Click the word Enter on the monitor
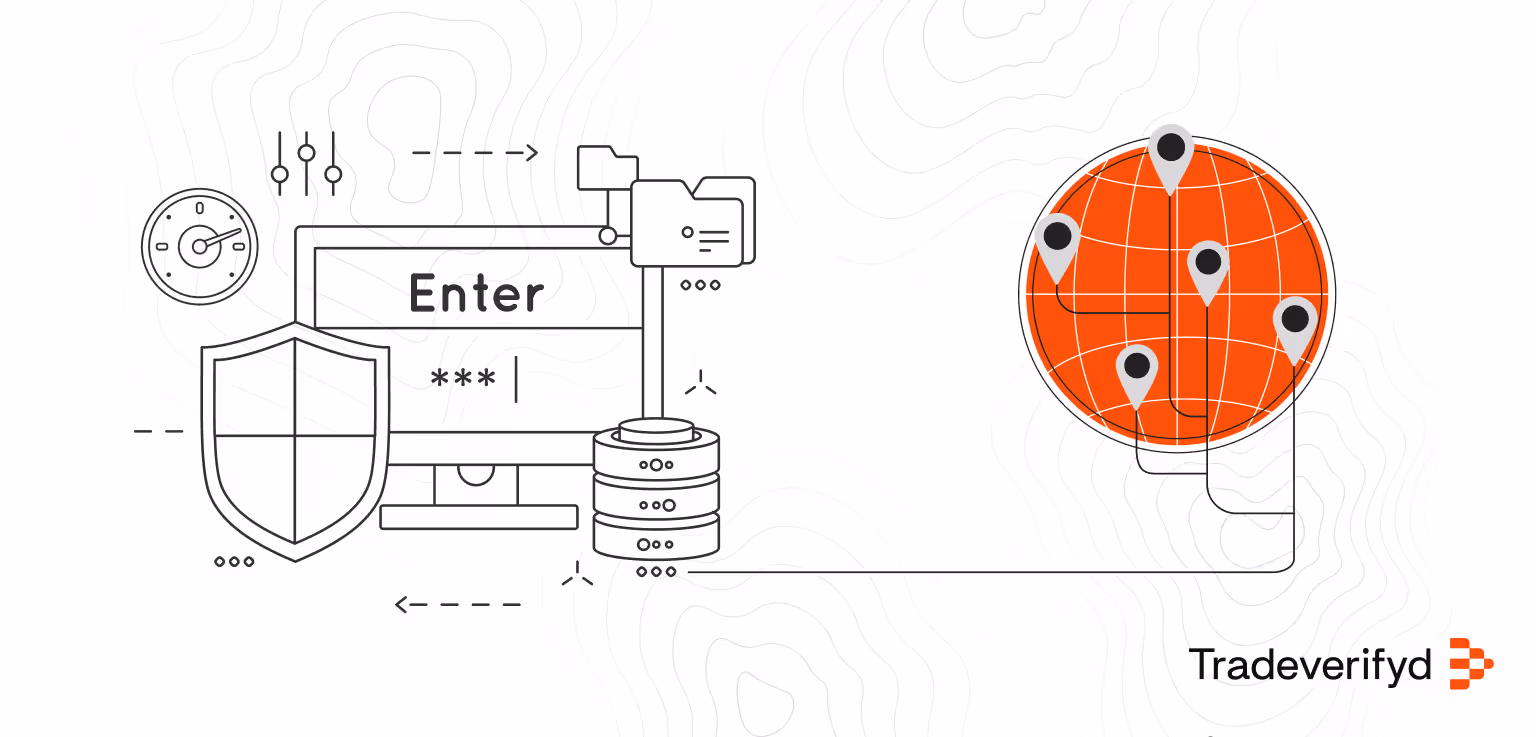pyautogui.click(x=477, y=294)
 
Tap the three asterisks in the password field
pyautogui.click(x=462, y=380)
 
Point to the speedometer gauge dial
pyautogui.click(x=200, y=245)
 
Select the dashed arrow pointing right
pyautogui.click(x=475, y=153)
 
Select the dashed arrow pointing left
pyautogui.click(x=458, y=604)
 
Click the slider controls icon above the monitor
pyautogui.click(x=306, y=163)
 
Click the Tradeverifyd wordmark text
pyautogui.click(x=1310, y=664)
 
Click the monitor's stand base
pyautogui.click(x=479, y=517)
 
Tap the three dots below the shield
pyautogui.click(x=234, y=562)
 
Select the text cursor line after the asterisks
pyautogui.click(x=516, y=379)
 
